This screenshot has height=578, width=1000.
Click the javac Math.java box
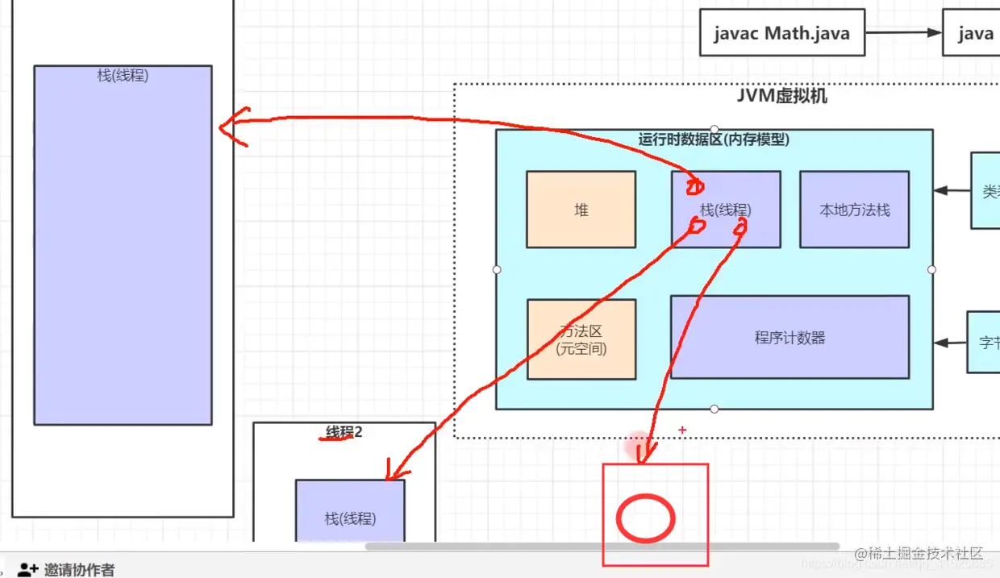pyautogui.click(x=781, y=33)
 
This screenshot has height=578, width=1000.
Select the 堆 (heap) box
pyautogui.click(x=581, y=210)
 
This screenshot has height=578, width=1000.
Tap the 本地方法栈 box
pyautogui.click(x=854, y=210)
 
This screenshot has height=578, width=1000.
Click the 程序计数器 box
pyautogui.click(x=790, y=338)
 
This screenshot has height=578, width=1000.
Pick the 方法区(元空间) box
pyautogui.click(x=581, y=339)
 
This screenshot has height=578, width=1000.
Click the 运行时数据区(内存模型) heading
pyautogui.click(x=714, y=139)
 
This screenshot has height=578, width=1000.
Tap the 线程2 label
pyautogui.click(x=344, y=433)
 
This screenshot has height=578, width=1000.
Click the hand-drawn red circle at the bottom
pyautogui.click(x=645, y=518)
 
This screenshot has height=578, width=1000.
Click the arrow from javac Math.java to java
pyautogui.click(x=903, y=33)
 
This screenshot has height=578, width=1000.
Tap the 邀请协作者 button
pyautogui.click(x=68, y=569)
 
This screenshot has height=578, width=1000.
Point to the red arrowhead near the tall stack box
pyautogui.click(x=231, y=127)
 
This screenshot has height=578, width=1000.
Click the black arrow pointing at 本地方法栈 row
pyautogui.click(x=952, y=191)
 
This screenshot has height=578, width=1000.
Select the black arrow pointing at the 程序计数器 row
pyautogui.click(x=952, y=343)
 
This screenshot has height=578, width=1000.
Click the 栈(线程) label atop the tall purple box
pyautogui.click(x=123, y=76)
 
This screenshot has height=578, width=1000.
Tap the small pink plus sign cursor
pyautogui.click(x=682, y=430)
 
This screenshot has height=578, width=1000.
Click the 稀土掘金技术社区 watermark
pyautogui.click(x=919, y=553)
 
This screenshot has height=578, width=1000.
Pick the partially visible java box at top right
pyautogui.click(x=972, y=33)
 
